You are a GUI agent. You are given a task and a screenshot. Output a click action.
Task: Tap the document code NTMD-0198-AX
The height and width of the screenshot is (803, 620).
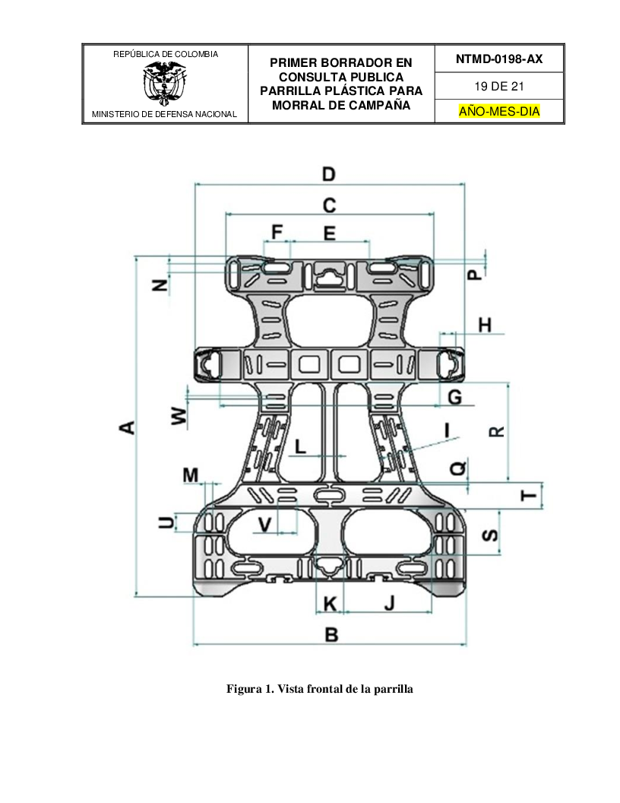(x=498, y=59)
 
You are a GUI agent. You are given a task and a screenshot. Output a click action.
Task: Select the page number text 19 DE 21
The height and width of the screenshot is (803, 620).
(x=498, y=86)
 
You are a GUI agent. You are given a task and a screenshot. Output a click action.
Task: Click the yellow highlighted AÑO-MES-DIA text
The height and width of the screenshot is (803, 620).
(x=498, y=112)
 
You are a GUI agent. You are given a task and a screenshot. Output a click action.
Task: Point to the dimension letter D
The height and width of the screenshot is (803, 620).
(x=328, y=174)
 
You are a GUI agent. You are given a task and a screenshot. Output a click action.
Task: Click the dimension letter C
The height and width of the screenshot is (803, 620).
(x=329, y=205)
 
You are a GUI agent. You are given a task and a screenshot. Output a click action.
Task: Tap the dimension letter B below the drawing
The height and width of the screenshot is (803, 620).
(x=331, y=634)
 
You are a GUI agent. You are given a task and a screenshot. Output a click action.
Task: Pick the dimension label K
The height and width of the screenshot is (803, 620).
(x=330, y=604)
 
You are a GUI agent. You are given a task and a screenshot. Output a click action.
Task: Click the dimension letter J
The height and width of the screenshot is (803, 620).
(x=389, y=604)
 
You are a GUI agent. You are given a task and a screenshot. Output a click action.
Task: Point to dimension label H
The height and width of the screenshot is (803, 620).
(x=484, y=325)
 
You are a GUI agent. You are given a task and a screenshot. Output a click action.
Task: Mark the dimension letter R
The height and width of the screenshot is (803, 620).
(x=496, y=431)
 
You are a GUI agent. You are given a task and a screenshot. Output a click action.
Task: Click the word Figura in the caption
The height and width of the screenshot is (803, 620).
(x=242, y=690)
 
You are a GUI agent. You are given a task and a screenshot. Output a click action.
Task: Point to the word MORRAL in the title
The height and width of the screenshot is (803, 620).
(x=299, y=106)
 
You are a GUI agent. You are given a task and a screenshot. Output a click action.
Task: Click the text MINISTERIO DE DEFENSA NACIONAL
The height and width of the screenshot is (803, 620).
(x=164, y=115)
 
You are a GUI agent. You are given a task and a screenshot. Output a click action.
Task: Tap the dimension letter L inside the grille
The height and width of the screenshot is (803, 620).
(x=301, y=446)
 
